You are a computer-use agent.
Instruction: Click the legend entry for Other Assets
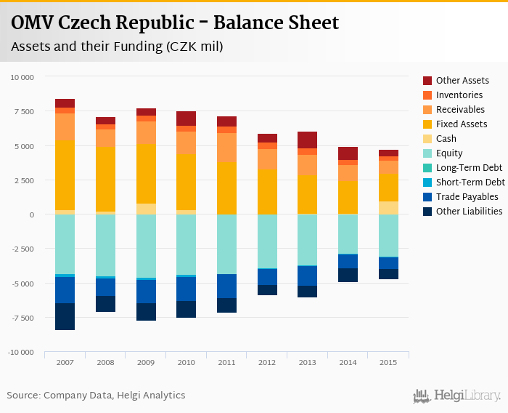tap(462, 81)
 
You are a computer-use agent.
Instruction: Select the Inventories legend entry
tap(459, 95)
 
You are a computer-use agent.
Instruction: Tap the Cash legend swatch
tap(428, 139)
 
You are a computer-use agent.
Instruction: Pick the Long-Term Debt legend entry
tap(469, 168)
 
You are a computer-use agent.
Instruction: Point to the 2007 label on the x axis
tap(65, 362)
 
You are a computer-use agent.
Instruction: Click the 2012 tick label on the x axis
tap(267, 362)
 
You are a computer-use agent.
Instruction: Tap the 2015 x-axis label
tap(388, 362)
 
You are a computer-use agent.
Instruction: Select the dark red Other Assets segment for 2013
tap(307, 140)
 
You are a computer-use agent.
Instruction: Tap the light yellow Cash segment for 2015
tap(388, 208)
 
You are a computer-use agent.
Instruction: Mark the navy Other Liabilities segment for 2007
tap(65, 316)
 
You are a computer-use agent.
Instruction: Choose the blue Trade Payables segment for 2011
tap(226, 286)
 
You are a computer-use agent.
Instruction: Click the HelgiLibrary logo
tap(457, 396)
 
